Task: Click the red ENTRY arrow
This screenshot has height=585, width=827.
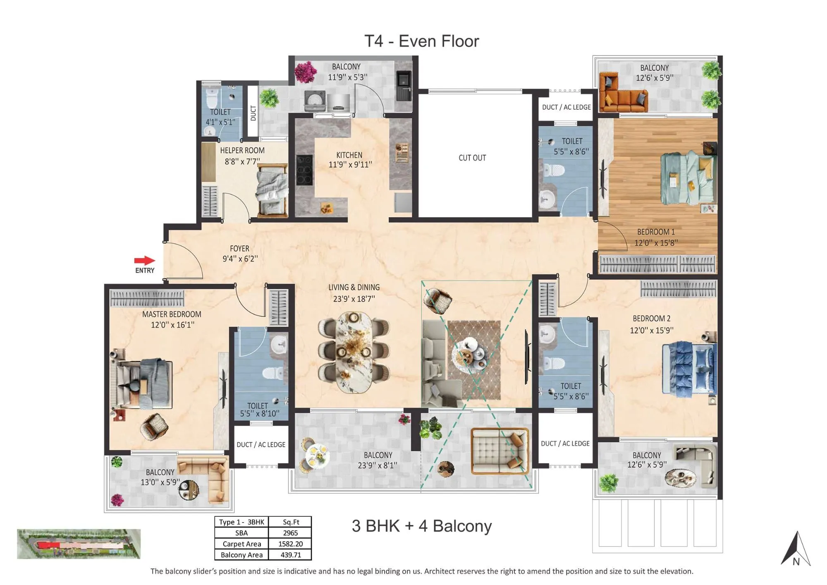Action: tap(144, 260)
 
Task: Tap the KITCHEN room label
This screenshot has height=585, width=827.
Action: tap(349, 155)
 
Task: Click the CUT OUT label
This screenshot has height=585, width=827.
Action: tap(472, 158)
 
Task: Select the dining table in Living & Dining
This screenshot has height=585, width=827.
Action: tap(354, 352)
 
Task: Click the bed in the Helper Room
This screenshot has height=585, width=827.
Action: tap(272, 190)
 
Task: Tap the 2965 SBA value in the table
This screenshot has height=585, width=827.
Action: tap(290, 533)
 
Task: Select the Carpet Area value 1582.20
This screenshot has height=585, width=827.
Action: tap(290, 544)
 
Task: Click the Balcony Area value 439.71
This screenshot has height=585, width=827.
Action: tap(290, 555)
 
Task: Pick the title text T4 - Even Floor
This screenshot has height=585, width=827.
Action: tap(421, 41)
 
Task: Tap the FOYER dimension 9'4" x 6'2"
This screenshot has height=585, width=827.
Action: tap(240, 259)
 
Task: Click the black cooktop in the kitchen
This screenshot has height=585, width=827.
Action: tap(304, 170)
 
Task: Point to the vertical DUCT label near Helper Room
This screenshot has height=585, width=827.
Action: tap(253, 113)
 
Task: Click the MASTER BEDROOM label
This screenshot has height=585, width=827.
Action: tap(172, 314)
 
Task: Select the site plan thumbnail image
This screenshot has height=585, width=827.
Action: tap(79, 544)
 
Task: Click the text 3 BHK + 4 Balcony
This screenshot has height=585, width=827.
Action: tap(421, 526)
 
